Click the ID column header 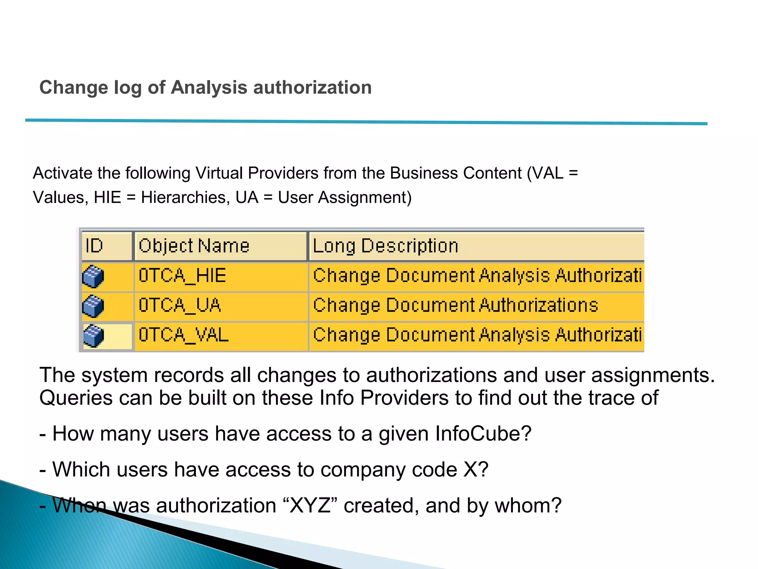[107, 246]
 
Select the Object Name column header [221, 246]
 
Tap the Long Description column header [476, 246]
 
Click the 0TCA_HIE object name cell [221, 276]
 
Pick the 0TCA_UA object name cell [221, 306]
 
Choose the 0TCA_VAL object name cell [221, 335]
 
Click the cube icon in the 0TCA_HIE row [93, 276]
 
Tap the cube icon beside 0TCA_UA [93, 306]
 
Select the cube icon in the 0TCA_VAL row [93, 336]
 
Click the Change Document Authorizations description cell [476, 306]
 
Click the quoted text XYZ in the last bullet [310, 505]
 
